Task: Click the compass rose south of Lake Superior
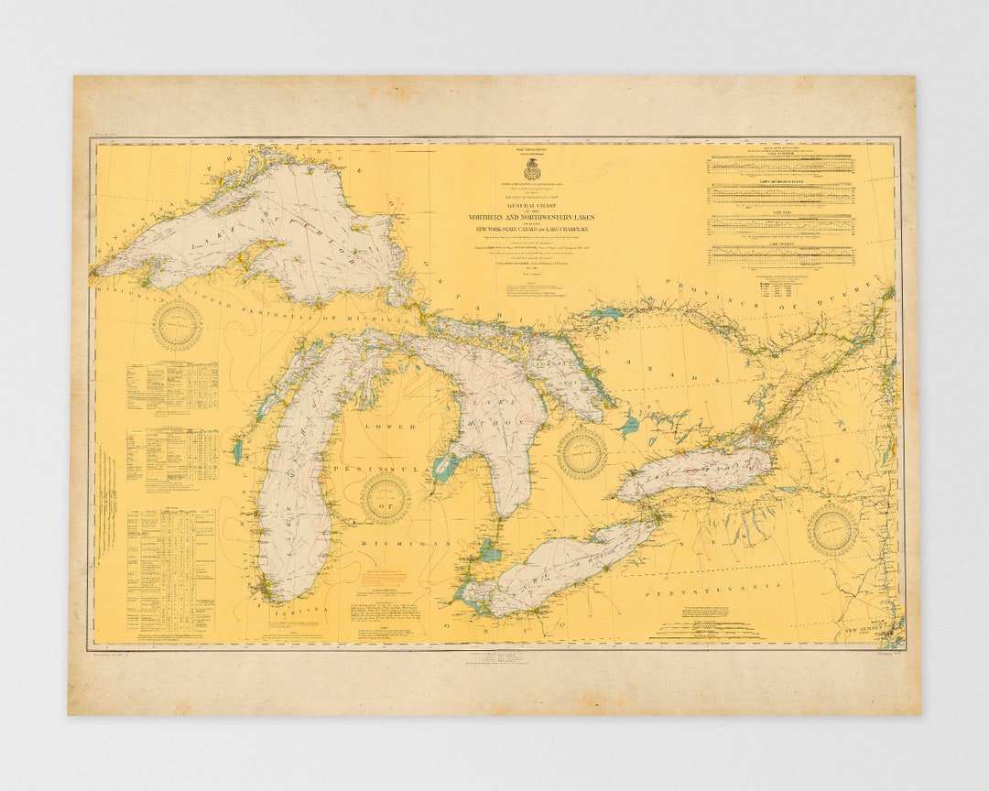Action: click(177, 325)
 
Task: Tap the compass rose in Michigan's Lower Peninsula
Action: click(385, 498)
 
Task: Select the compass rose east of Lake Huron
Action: click(582, 452)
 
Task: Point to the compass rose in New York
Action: click(831, 530)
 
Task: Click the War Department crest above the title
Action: click(531, 170)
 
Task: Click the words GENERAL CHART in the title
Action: click(531, 206)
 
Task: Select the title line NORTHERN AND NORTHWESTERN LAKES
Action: click(531, 217)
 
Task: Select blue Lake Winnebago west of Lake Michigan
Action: click(238, 450)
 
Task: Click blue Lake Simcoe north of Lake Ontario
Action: click(628, 425)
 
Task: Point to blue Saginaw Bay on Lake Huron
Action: click(446, 469)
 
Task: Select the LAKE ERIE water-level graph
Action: click(782, 225)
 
